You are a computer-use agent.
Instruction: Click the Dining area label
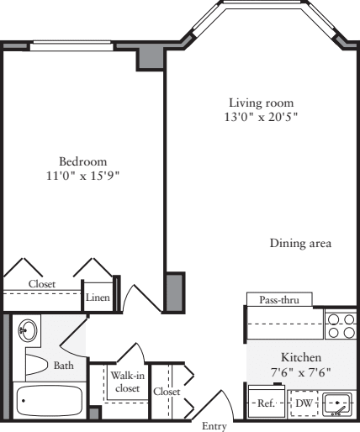coord(300,244)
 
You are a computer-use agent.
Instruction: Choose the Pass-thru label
coord(278,299)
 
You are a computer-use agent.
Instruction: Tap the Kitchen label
coord(300,357)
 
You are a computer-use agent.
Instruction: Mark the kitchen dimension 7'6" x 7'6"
coord(300,371)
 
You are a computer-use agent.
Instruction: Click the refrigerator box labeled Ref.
coord(266,403)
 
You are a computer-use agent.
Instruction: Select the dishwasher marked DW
coord(304,403)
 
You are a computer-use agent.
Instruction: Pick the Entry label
coord(214,426)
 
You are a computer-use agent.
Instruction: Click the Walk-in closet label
coord(127,381)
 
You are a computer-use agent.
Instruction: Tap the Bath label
coord(63,366)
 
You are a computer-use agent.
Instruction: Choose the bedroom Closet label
coord(41,284)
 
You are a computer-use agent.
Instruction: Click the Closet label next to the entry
coord(166,392)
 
